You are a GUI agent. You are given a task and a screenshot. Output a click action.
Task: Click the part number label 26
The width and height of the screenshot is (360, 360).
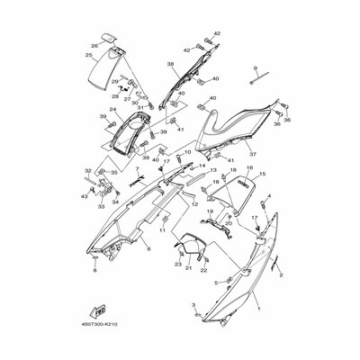point(94,44)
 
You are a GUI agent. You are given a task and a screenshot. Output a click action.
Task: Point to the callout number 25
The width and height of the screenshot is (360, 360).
point(89,56)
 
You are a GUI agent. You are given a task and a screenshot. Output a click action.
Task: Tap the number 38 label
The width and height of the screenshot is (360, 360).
point(170,65)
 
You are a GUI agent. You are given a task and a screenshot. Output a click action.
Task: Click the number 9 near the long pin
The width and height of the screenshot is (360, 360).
point(255,68)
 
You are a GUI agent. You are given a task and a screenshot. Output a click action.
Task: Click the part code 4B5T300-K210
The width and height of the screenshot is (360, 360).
point(98,338)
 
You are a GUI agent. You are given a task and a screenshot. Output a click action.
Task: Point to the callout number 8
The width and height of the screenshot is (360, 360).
point(94,269)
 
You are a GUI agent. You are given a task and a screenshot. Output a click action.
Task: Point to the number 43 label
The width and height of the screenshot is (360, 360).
point(82,195)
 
